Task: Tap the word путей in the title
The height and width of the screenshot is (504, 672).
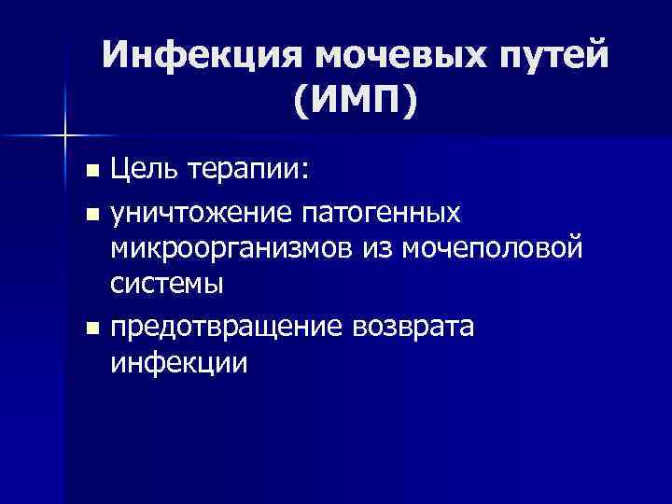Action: [545, 58]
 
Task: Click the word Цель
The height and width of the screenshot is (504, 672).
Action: [145, 171]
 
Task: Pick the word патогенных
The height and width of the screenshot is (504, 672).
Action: [380, 214]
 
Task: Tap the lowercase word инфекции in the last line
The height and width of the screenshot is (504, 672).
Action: [179, 361]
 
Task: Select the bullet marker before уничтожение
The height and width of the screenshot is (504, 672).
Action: [91, 214]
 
